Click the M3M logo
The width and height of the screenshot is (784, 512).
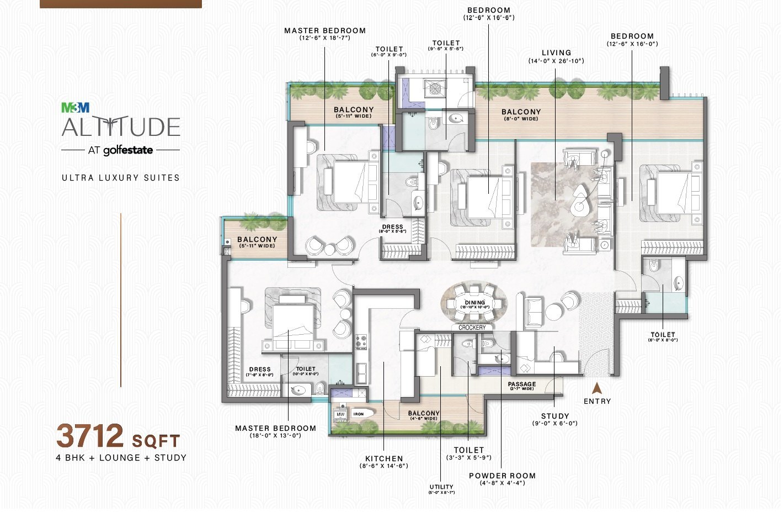[75, 108]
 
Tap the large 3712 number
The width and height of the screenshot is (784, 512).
[90, 437]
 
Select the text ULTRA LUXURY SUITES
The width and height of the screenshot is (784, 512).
[121, 178]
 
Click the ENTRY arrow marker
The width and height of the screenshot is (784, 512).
[596, 388]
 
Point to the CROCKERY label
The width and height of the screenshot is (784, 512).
[472, 328]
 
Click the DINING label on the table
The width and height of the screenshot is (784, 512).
[474, 302]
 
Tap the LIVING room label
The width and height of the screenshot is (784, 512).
[556, 53]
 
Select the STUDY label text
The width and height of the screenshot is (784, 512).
[555, 416]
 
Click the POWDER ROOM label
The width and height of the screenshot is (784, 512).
[502, 476]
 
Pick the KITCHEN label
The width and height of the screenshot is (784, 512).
[384, 458]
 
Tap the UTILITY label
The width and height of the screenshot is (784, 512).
[441, 487]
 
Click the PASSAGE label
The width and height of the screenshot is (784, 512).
[522, 384]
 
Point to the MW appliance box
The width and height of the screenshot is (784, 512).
[340, 414]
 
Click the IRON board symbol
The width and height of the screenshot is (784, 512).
[360, 414]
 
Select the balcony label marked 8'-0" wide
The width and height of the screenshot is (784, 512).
[521, 112]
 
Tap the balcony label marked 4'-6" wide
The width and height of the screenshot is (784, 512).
[424, 414]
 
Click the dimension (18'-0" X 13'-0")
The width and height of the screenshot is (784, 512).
[276, 435]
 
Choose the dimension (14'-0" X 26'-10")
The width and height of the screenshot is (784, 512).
[556, 61]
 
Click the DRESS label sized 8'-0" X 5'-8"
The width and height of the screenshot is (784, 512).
[393, 227]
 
